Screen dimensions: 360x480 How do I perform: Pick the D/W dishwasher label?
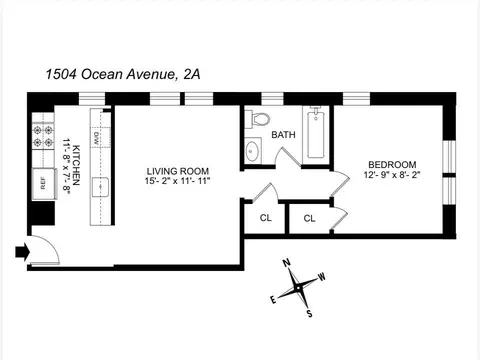98,137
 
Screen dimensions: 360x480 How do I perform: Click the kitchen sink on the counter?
99,185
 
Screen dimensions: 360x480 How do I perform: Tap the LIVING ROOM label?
177,171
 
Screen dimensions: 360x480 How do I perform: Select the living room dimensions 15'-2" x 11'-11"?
177,182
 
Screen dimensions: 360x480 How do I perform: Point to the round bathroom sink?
253,151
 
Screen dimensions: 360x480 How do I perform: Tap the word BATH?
283,135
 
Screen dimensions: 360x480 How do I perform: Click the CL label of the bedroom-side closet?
310,218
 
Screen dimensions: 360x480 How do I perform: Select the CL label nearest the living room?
265,217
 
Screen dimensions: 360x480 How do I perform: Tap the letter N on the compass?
285,264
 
